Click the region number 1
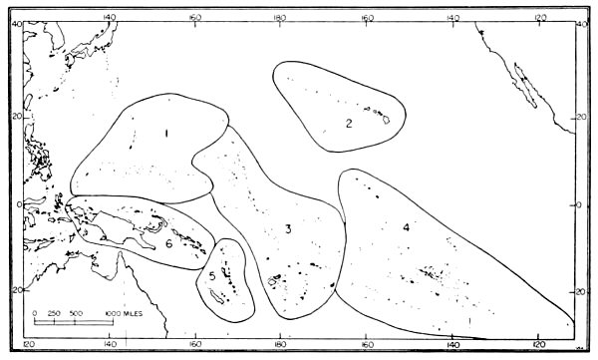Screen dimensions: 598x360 click(x=166, y=131)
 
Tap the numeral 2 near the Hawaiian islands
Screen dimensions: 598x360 click(x=349, y=123)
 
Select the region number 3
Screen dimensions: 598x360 click(x=287, y=230)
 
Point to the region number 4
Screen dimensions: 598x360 click(x=406, y=227)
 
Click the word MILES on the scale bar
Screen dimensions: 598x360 click(x=131, y=314)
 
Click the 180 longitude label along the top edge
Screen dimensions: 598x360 click(x=281, y=16)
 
